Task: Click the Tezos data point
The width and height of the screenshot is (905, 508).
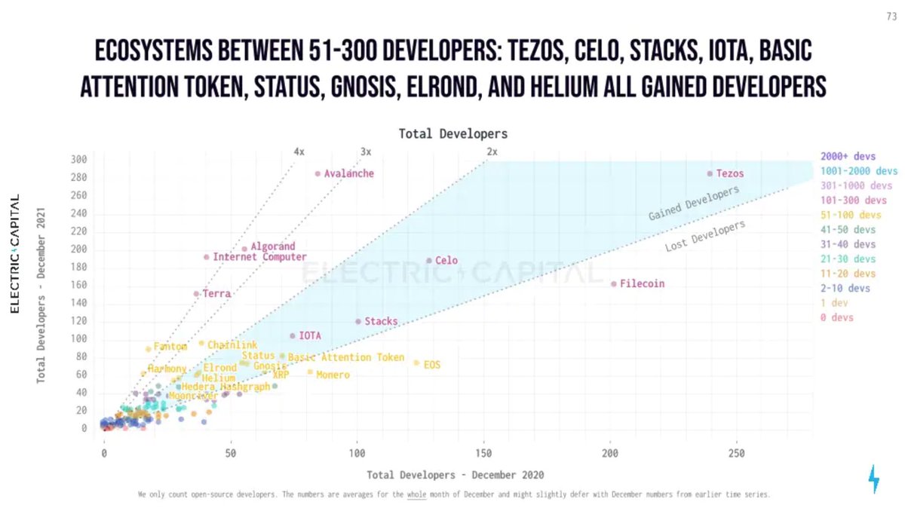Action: click(x=710, y=173)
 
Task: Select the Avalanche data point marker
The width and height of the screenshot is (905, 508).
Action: click(x=318, y=173)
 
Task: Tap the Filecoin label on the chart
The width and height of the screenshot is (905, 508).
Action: click(x=642, y=283)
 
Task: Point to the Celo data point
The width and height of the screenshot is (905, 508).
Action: click(x=429, y=261)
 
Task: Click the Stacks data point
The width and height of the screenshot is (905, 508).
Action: click(x=358, y=321)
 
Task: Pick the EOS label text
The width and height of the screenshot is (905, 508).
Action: click(x=431, y=365)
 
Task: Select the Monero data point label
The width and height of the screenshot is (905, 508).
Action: click(x=333, y=375)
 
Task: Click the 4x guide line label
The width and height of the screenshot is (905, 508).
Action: click(x=299, y=151)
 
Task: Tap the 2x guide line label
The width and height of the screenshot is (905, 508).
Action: click(x=492, y=151)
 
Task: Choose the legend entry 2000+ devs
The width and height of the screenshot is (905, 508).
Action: click(x=848, y=156)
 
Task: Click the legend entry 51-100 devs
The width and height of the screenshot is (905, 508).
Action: click(x=848, y=215)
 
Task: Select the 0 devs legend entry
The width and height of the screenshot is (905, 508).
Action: click(x=837, y=317)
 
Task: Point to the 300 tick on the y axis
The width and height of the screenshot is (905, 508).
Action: click(x=80, y=160)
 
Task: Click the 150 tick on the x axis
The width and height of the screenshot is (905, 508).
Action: click(x=483, y=454)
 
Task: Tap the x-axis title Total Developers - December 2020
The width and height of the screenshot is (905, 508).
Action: click(x=455, y=475)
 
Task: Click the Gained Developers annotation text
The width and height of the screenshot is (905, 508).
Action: click(x=694, y=204)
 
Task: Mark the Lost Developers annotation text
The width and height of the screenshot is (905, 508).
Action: click(x=705, y=236)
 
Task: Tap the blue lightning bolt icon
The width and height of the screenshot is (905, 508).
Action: click(x=874, y=479)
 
